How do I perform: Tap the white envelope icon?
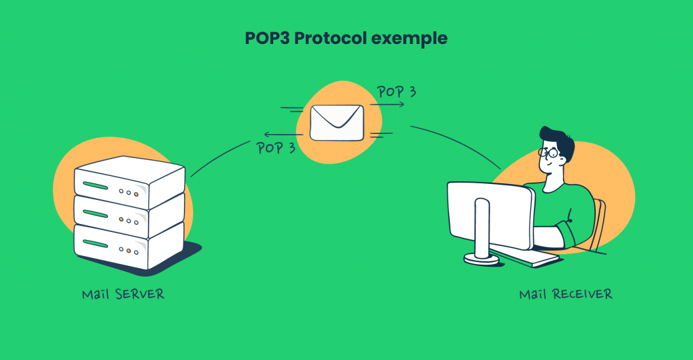pos(337,122)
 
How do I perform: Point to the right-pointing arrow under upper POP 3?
pos(387,105)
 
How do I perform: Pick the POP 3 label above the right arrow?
pos(396,92)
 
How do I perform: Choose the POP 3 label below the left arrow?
pos(276,147)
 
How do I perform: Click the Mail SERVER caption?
pos(123,294)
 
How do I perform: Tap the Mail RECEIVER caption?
pos(566,294)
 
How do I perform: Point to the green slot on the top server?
pos(95,184)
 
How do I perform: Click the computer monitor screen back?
pos(490,213)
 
